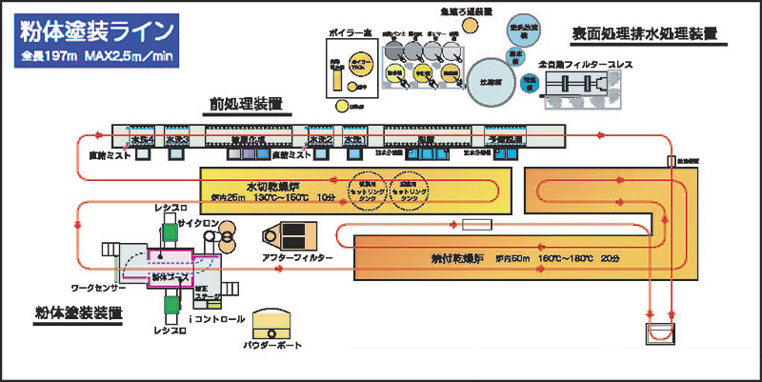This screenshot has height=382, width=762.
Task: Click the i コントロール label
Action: click(221, 319)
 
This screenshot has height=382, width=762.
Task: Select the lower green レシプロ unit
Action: click(170, 302)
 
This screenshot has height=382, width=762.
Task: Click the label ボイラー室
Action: click(354, 33)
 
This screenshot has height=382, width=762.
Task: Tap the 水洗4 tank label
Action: click(141, 139)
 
